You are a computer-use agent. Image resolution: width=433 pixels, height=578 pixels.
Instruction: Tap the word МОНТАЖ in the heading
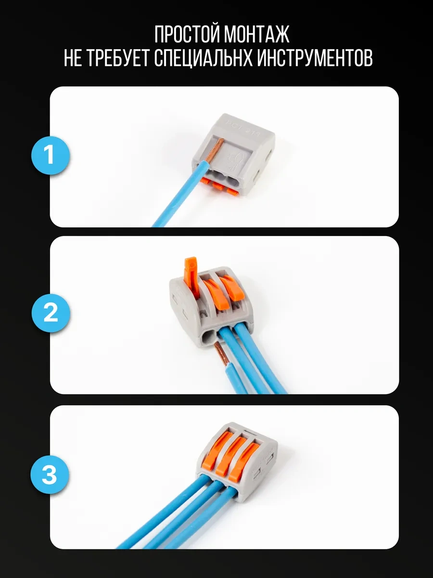click(257, 35)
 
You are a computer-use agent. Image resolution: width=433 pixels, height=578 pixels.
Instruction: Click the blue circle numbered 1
click(51, 155)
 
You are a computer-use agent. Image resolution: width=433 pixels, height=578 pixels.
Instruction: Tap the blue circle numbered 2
click(51, 313)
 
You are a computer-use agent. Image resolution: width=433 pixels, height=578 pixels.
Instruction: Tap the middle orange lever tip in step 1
click(220, 186)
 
